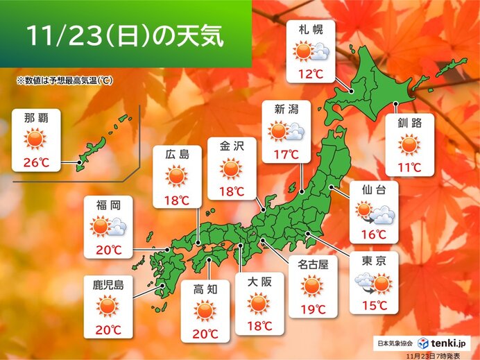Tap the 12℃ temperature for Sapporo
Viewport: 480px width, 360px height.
point(310,71)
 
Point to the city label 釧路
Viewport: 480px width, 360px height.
point(409,125)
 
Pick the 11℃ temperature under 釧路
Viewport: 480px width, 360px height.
point(409,166)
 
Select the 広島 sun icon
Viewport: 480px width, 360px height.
point(177,177)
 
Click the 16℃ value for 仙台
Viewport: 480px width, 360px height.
point(373,234)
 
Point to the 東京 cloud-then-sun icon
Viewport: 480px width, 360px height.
point(373,281)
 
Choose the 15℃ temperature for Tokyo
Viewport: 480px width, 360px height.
point(373,305)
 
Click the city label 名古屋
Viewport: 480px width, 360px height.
point(312,263)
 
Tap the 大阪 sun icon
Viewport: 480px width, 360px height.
point(258,303)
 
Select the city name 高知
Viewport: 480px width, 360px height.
point(205,288)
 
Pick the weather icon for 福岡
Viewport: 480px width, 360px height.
point(108,226)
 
